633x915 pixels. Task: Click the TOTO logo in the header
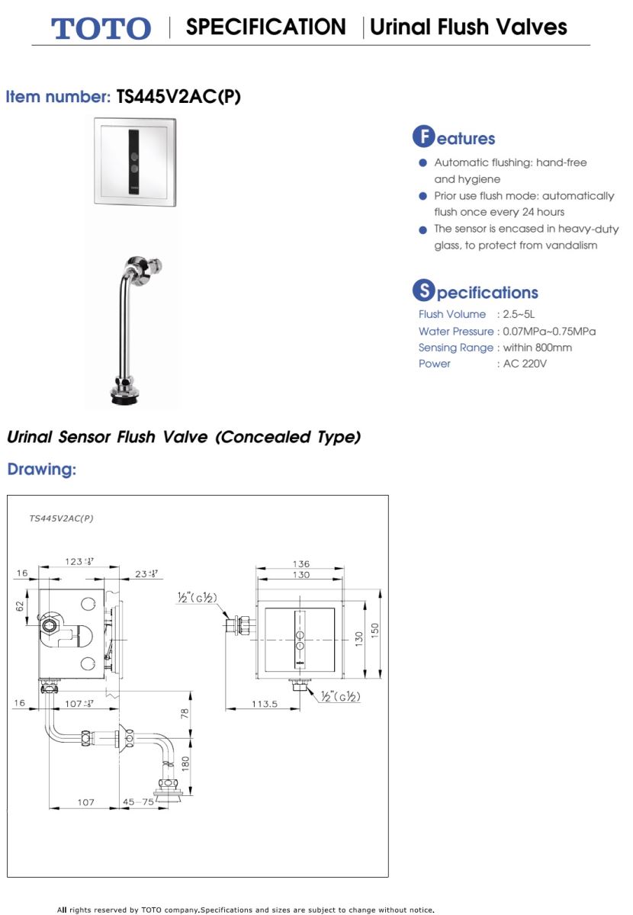pos(101,28)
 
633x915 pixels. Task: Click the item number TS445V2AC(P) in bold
pos(178,97)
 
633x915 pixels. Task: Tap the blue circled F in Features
pos(423,137)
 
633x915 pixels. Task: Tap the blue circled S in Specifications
pos(423,291)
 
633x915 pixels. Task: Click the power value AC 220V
pos(525,364)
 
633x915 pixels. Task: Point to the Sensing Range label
pos(456,348)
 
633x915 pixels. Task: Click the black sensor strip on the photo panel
pos(134,162)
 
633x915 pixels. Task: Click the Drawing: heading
pos(42,470)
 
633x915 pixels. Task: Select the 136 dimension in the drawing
pos(301,564)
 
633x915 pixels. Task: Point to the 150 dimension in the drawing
pos(374,632)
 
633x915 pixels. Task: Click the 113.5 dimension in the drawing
pos(265,704)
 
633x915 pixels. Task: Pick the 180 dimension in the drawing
pos(185,763)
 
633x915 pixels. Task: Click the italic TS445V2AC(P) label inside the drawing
pos(61,518)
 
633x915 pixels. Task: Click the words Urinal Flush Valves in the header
pos(468,27)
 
